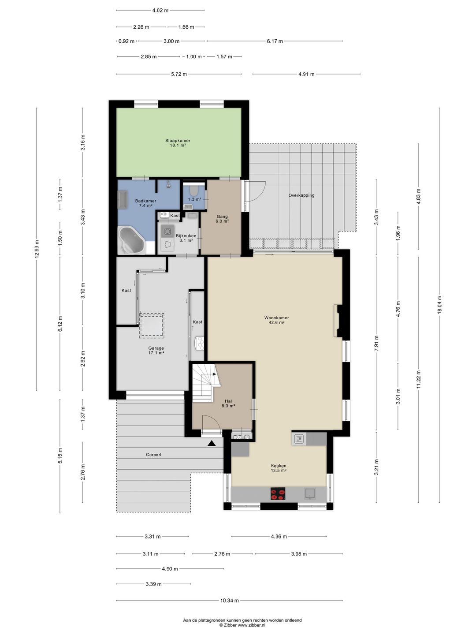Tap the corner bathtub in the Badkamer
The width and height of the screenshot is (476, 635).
pyautogui.click(x=132, y=240)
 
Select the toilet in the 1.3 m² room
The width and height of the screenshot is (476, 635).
pyautogui.click(x=193, y=190)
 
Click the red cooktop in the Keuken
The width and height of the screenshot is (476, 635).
pyautogui.click(x=278, y=493)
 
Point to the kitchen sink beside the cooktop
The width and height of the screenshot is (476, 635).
pyautogui.click(x=310, y=493)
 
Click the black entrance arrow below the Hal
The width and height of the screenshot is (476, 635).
pyautogui.click(x=212, y=443)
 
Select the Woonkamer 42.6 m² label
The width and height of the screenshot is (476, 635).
pyautogui.click(x=277, y=320)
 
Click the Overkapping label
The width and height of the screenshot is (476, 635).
pyautogui.click(x=301, y=195)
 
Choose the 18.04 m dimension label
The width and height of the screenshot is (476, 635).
pyautogui.click(x=439, y=305)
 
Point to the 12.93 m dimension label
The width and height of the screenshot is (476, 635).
pyautogui.click(x=37, y=249)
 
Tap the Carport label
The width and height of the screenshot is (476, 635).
pyautogui.click(x=154, y=455)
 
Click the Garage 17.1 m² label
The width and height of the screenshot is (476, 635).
pyautogui.click(x=156, y=350)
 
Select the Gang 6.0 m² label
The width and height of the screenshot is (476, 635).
pyautogui.click(x=222, y=219)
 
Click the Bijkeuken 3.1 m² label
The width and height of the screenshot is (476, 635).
pyautogui.click(x=186, y=238)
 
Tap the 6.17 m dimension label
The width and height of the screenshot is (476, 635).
pyautogui.click(x=275, y=41)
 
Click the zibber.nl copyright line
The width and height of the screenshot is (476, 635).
pyautogui.click(x=242, y=624)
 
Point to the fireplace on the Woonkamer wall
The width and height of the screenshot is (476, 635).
pyautogui.click(x=338, y=321)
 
